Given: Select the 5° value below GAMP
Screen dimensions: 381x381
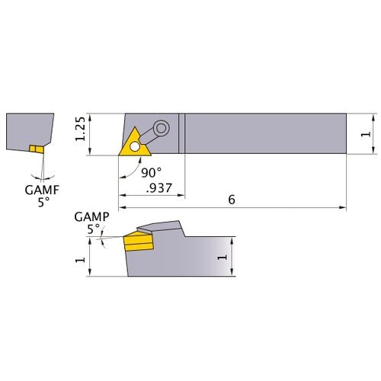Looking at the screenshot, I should point(92,229).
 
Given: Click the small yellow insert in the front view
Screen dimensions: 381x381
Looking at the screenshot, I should point(35,147).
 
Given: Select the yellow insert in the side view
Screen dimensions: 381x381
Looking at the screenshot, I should point(137,243).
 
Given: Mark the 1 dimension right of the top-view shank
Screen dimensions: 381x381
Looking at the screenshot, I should point(366,134).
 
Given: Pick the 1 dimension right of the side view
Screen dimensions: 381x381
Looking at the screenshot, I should point(223,259).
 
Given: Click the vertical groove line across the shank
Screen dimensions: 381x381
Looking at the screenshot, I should point(181,134).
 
